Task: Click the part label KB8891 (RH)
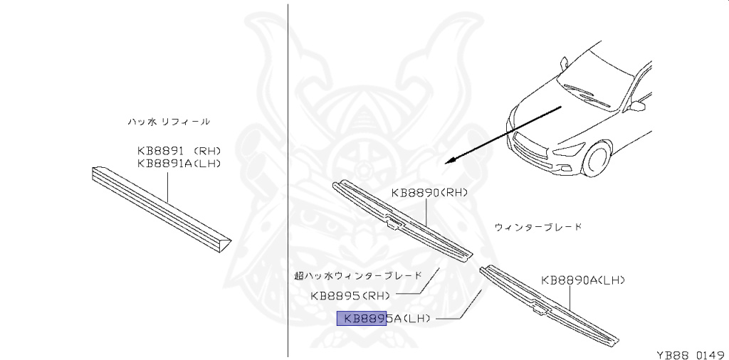179,151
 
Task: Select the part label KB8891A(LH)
179,163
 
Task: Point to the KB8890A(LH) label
582,280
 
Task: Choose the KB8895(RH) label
352,295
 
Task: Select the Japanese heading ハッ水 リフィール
169,122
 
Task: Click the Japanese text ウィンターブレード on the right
537,227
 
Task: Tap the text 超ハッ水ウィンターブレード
358,275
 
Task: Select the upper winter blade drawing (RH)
403,221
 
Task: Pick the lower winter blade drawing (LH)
549,304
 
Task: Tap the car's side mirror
637,106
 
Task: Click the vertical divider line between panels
288,178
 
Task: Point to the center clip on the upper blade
392,224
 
